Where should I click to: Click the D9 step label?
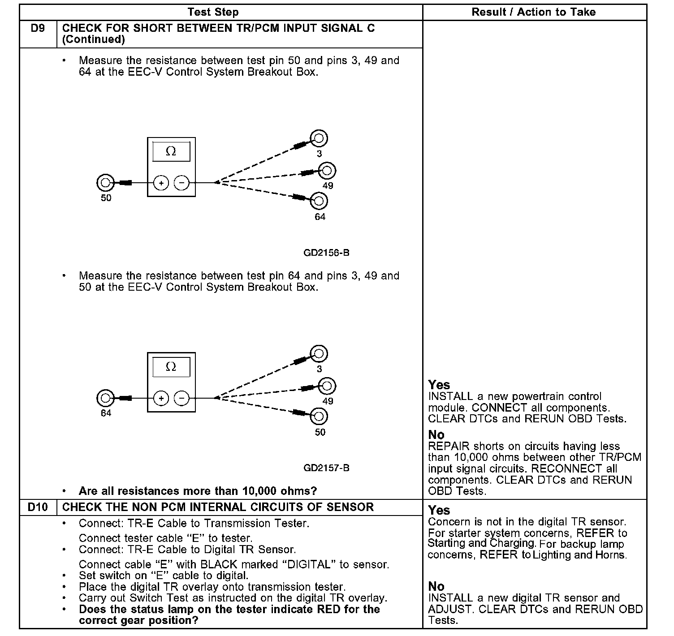point(38,28)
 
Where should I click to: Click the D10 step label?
point(38,507)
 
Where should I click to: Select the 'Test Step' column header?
point(213,12)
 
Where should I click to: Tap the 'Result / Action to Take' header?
point(533,12)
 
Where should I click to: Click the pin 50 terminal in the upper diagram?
point(105,183)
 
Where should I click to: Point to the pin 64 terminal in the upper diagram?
point(319,201)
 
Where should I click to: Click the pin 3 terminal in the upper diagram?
point(319,138)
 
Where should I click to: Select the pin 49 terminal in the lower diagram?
point(327,386)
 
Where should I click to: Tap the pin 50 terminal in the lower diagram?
point(319,417)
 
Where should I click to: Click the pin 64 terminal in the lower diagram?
point(105,398)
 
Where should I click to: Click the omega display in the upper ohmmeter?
point(171,151)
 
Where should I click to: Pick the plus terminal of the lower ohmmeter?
point(161,398)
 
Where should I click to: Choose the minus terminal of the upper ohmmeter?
point(181,183)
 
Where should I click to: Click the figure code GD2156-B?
point(326,253)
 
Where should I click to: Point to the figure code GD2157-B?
point(326,468)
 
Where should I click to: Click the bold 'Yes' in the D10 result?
point(439,510)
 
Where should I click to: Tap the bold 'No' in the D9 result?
point(436,434)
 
